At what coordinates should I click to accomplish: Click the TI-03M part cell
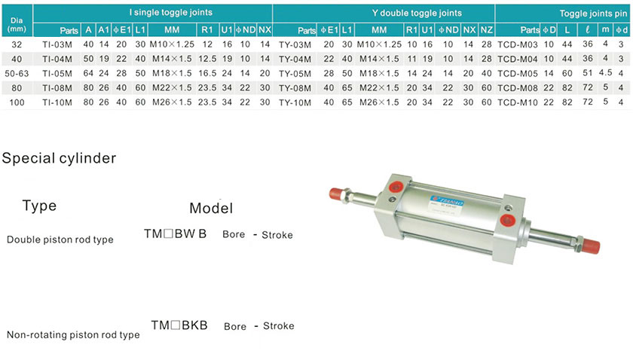(x=57, y=44)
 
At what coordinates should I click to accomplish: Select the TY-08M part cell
(x=295, y=88)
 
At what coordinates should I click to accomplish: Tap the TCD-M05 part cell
(x=518, y=74)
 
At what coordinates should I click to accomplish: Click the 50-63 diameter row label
(x=17, y=74)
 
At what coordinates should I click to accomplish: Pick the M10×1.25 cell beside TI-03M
(x=172, y=44)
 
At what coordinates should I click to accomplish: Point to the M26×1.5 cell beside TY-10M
(x=379, y=102)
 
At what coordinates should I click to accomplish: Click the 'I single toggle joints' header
(x=171, y=13)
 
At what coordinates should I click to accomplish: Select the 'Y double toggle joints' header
(x=417, y=13)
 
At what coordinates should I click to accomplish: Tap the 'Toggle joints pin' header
(x=593, y=14)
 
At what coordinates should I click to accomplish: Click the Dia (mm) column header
(x=17, y=25)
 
